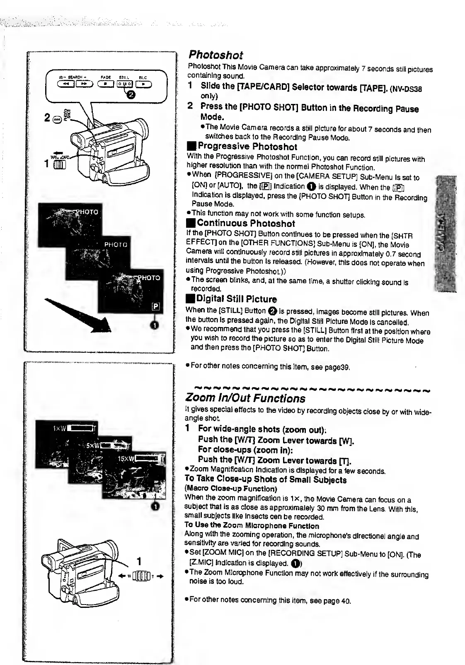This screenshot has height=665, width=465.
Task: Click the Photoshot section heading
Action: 216,55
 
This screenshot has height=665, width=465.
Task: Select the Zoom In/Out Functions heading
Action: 245,398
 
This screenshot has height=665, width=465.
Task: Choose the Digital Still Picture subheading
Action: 236,299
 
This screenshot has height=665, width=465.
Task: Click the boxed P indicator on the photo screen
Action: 155,306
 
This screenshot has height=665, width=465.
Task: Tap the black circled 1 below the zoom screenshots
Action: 155,506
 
